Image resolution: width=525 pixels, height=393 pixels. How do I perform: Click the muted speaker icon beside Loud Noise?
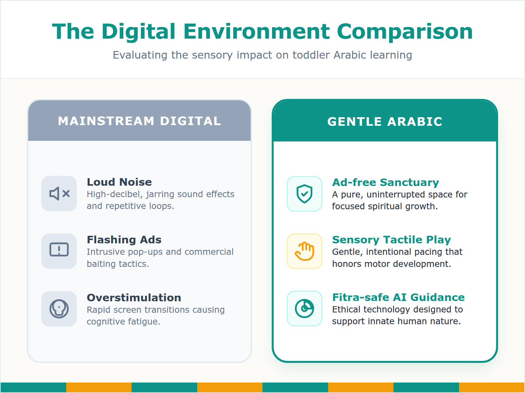tap(59, 194)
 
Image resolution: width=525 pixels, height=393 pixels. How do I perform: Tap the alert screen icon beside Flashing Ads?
tap(59, 251)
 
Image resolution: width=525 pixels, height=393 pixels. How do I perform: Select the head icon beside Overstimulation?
tap(59, 309)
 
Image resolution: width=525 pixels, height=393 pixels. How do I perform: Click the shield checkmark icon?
tap(304, 194)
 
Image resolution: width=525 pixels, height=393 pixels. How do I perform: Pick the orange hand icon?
tap(304, 251)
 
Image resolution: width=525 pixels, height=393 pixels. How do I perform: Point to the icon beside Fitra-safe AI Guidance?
tap(304, 309)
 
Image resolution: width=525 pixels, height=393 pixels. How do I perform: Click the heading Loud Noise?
tap(119, 182)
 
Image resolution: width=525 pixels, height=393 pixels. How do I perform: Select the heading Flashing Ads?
tap(124, 240)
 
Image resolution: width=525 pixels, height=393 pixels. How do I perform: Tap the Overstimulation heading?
tap(134, 298)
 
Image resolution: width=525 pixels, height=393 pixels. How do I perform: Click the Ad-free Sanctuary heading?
tap(386, 182)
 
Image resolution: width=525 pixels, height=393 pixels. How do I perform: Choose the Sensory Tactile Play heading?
tap(391, 240)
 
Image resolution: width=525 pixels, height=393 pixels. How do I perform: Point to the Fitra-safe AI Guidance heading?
tap(398, 297)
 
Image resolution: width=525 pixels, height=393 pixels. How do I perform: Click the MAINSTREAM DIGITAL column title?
tap(139, 121)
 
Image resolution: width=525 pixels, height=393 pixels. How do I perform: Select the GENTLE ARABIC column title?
tap(385, 122)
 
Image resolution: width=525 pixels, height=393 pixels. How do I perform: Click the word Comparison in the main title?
tap(405, 32)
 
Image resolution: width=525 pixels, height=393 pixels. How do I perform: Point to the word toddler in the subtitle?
tap(311, 55)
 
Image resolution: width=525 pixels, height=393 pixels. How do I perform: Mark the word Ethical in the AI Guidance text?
tap(346, 309)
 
